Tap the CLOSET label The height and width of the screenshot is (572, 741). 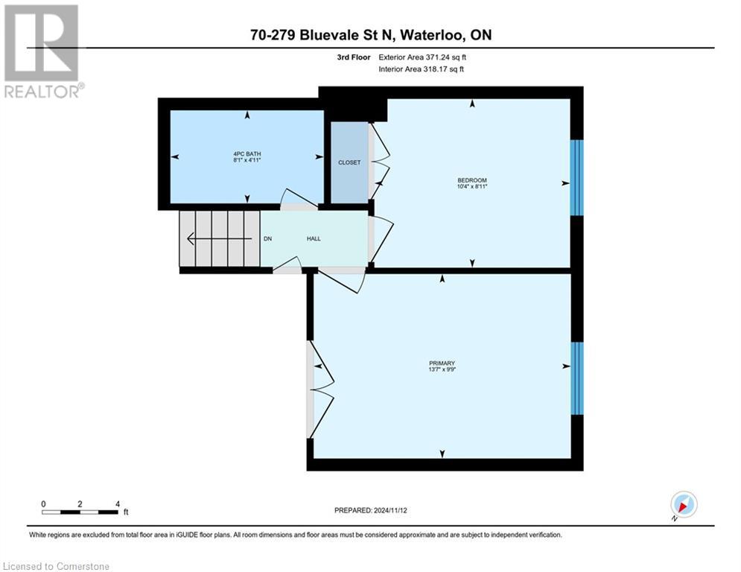(x=349, y=162)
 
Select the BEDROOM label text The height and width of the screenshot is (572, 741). (x=472, y=180)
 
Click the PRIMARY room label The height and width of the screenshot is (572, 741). (x=442, y=363)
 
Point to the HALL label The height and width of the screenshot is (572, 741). (x=314, y=238)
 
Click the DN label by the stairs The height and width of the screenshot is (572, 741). (x=268, y=238)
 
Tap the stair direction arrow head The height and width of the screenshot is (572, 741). (x=191, y=239)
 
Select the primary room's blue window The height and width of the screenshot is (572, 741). (x=577, y=378)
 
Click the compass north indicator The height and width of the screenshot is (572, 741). (x=683, y=505)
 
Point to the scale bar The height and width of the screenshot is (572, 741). (x=80, y=512)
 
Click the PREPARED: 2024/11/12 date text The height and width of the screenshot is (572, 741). (x=370, y=510)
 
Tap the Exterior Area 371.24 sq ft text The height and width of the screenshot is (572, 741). (x=422, y=57)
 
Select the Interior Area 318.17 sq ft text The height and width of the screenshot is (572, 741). (x=422, y=69)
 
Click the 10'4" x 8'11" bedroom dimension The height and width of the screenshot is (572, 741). (x=472, y=187)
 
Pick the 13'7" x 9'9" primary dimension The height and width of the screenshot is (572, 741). (x=442, y=369)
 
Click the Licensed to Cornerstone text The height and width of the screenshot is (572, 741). (x=57, y=566)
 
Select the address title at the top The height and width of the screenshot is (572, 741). (x=370, y=35)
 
